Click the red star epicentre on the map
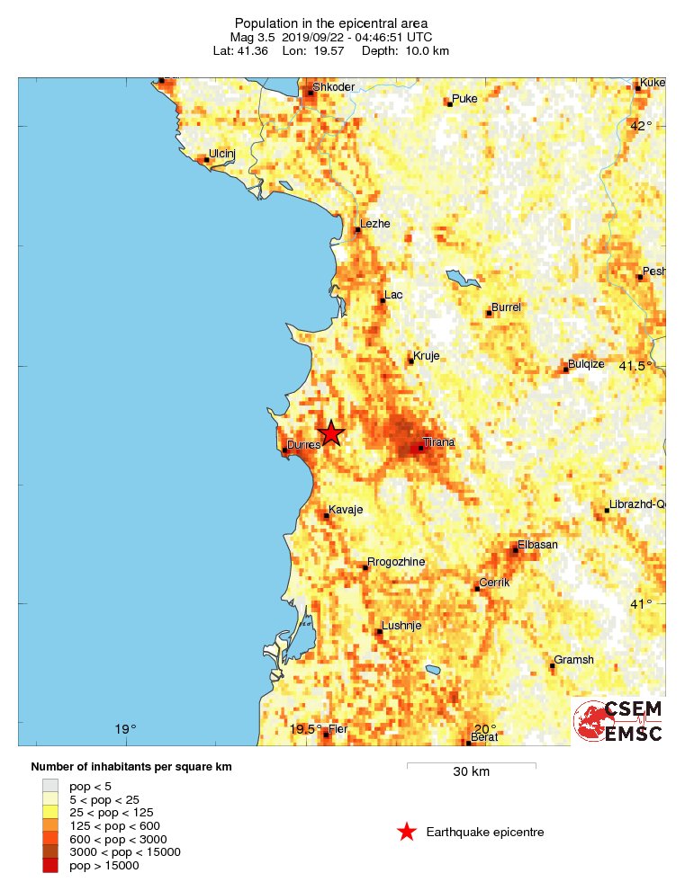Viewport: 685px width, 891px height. pos(331,433)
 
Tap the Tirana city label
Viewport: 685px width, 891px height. pos(439,442)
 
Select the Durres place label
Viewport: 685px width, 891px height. pos(303,445)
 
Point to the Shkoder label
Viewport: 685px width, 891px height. pos(333,86)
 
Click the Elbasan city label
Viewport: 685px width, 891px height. pos(537,545)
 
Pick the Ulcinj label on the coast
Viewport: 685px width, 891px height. pos(221,154)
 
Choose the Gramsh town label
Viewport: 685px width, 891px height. pos(573,660)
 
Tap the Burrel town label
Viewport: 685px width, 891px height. pos(506,307)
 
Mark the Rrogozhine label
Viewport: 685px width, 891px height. pos(396,562)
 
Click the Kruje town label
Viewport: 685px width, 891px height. pos(426,356)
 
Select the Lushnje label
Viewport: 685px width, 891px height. pos(401,626)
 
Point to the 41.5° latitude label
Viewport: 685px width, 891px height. pos(635,366)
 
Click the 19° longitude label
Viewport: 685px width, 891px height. pos(125,729)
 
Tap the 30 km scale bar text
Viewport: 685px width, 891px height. pos(471,772)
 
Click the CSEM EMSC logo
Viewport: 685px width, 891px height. pos(618,721)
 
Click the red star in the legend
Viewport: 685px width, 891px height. pos(407,833)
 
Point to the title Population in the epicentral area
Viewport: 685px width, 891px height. pos(330,23)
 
